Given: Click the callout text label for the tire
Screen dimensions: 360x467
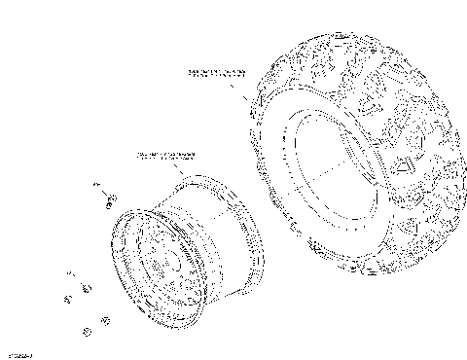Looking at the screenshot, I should click(217, 73).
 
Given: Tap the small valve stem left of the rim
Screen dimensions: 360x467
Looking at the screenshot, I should click(110, 200).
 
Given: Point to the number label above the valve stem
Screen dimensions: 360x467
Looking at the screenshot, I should click(96, 184).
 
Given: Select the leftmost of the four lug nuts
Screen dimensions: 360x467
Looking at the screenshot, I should click(68, 297).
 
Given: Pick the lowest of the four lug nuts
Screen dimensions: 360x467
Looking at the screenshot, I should click(87, 333).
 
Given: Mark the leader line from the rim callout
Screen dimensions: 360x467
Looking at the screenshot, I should click(174, 169).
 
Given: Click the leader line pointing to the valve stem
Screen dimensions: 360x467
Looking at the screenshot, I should click(103, 192).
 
